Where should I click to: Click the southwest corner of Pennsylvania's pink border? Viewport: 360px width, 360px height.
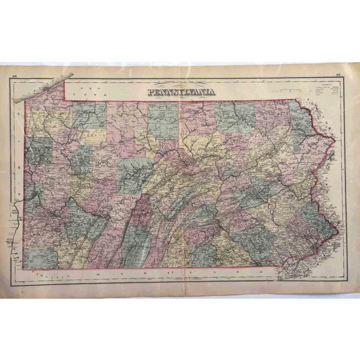[24, 268]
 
